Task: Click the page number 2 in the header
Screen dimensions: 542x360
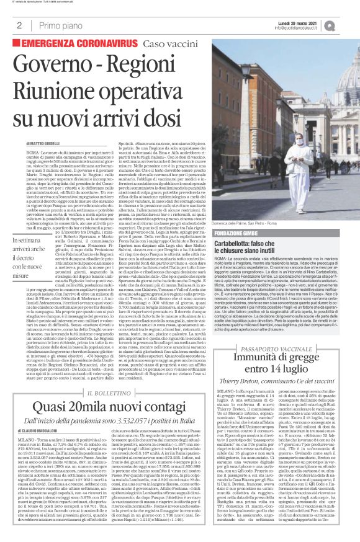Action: (x=19, y=25)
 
